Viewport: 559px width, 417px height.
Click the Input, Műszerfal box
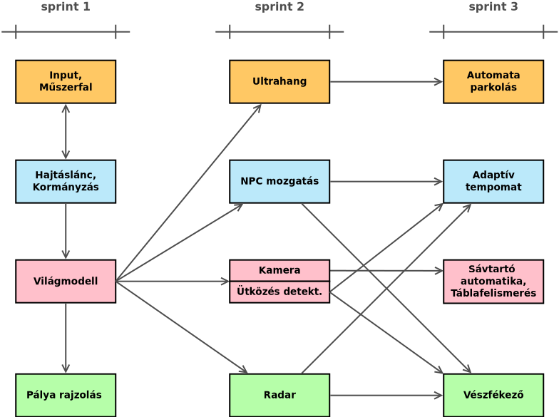tap(66, 81)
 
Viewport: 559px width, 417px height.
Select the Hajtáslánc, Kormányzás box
tap(66, 181)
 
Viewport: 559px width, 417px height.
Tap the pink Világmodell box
tap(66, 281)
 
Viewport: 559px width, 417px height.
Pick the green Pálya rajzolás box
tap(66, 395)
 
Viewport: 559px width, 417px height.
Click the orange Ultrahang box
tap(279, 81)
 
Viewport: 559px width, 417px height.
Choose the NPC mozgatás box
tap(279, 181)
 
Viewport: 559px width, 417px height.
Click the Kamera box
tap(279, 270)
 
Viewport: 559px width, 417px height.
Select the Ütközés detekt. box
tap(279, 292)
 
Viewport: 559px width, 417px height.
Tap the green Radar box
tap(279, 395)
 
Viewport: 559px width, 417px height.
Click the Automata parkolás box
tap(493, 81)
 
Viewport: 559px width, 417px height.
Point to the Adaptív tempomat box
tap(493, 181)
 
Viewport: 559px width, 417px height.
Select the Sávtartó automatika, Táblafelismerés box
tap(493, 281)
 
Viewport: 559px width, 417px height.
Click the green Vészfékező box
tap(493, 395)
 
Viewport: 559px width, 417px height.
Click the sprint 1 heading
tap(66, 7)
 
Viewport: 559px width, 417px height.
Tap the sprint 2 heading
tap(279, 7)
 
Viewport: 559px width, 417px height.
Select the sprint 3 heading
tap(493, 7)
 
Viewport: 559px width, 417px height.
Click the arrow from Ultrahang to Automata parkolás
tap(386, 81)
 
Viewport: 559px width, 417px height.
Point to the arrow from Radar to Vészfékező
tap(386, 395)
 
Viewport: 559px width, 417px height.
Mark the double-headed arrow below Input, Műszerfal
tap(66, 131)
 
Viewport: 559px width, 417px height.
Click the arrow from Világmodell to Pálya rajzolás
tap(66, 338)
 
